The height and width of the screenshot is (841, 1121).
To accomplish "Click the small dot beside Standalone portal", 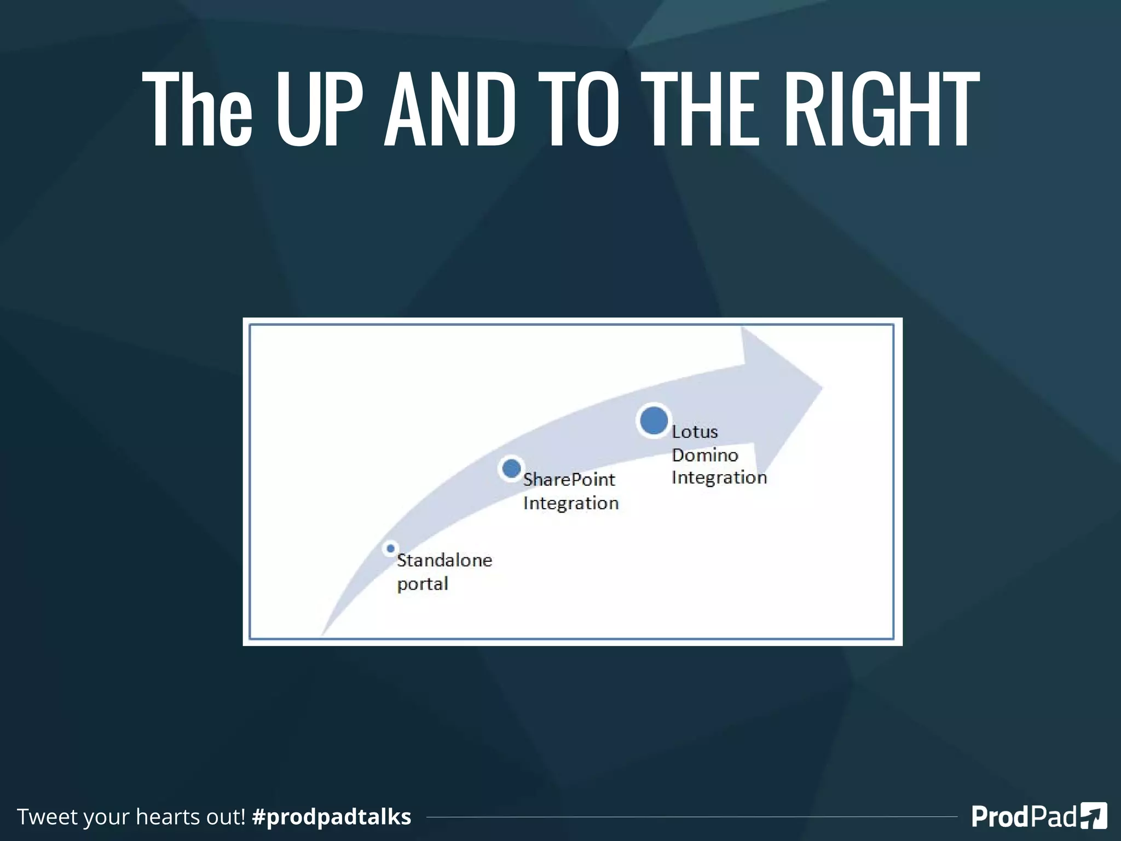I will pos(390,548).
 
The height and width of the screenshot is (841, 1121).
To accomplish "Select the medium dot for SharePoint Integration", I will pos(511,469).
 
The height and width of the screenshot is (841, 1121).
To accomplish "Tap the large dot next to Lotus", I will pos(654,420).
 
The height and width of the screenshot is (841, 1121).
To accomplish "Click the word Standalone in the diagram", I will pos(444,560).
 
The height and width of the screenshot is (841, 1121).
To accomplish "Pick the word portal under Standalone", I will pos(423,584).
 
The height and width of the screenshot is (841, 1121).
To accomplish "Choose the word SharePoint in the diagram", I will pos(569,480).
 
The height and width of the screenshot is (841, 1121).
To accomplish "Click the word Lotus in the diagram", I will pos(695,432).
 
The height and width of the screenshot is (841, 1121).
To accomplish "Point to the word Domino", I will pos(705,455).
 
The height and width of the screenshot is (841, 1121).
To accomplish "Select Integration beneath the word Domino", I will pos(719,477).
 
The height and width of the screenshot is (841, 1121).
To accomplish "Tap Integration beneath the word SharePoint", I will pos(571,503).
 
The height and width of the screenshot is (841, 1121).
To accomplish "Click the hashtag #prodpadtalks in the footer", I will pos(331,816).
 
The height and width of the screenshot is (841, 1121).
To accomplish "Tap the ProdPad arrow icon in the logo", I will pos(1094,816).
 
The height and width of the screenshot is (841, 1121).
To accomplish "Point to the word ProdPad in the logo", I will pos(1024,816).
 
